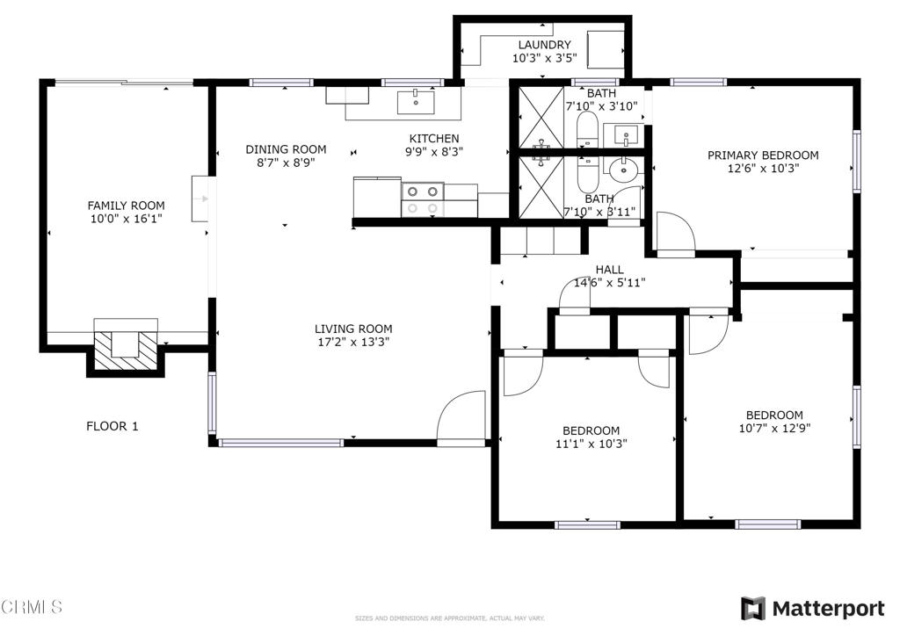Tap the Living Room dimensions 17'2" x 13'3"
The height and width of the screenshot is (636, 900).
pos(353,343)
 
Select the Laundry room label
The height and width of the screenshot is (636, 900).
pos(544,45)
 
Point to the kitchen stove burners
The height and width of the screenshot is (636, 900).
pos(422,199)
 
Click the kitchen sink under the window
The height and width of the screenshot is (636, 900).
pos(416,102)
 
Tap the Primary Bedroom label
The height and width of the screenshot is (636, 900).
pos(762,155)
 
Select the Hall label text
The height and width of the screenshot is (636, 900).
pos(609,270)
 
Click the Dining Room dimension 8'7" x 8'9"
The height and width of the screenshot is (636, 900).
pos(286,163)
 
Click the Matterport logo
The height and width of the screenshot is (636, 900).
pos(812,608)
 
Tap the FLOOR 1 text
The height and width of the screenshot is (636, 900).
pos(112,426)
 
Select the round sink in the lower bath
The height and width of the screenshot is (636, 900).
pos(625,169)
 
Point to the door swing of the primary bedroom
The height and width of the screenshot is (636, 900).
pos(674,233)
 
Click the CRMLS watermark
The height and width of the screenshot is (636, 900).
pos(33,606)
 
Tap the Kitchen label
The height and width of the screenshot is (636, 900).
pos(434,138)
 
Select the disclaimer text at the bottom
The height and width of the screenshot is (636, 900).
pos(450,618)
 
